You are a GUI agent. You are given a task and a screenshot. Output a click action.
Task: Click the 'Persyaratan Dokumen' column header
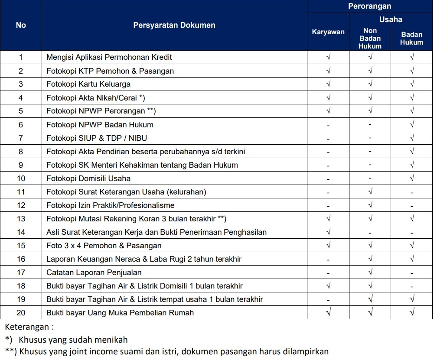point(174,25)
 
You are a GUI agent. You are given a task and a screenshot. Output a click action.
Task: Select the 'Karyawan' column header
point(328,32)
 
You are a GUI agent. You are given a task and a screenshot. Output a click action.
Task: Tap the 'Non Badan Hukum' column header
point(370,38)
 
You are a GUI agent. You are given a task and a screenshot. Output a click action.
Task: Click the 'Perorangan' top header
point(369,6)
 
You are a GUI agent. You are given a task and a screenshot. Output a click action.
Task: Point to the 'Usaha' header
point(391,19)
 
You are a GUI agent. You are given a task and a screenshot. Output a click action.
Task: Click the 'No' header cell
point(21,25)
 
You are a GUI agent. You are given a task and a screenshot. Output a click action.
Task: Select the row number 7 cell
point(21,138)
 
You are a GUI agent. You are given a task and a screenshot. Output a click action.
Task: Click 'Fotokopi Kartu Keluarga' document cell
point(88,84)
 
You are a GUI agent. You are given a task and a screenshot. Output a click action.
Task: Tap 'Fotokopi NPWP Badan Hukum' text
point(100,125)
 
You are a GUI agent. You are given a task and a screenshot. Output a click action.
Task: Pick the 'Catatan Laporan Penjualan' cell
point(94,272)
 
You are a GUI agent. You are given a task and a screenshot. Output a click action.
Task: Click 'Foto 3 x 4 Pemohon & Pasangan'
point(104,246)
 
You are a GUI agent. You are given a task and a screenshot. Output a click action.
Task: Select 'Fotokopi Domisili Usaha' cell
point(88,178)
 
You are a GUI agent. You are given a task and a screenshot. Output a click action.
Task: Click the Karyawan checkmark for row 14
point(328,232)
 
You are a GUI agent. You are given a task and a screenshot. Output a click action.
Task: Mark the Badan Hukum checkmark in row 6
point(411,125)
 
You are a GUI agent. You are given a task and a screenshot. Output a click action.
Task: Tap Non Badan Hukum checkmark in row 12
point(370,205)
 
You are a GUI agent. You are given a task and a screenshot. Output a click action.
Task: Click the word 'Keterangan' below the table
point(27,327)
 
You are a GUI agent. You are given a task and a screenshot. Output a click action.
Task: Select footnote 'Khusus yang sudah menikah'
point(73,340)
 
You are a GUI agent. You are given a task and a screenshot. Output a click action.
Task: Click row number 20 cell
point(21,313)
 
